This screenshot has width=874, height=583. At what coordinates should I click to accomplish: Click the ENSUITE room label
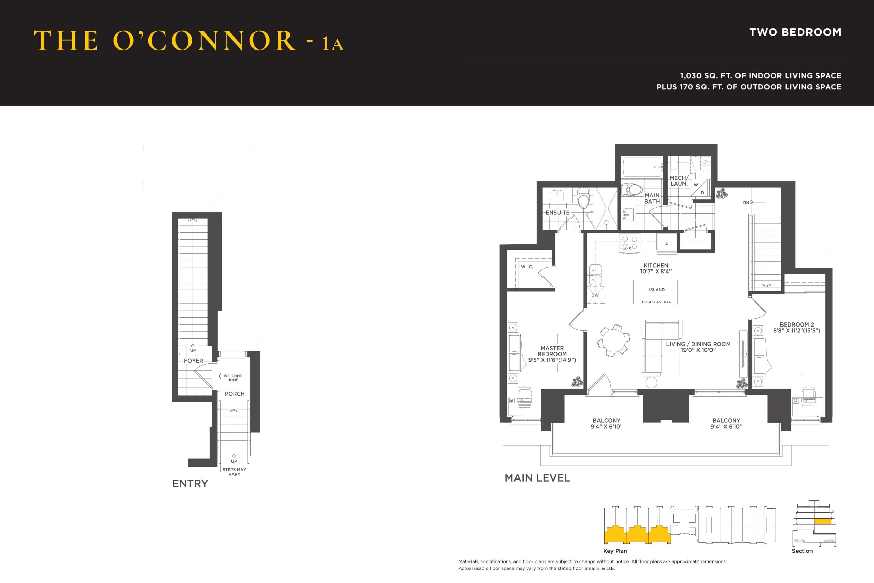(x=558, y=213)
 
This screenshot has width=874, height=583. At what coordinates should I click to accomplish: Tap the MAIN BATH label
(x=652, y=198)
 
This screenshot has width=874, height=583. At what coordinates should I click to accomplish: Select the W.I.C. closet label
(x=526, y=267)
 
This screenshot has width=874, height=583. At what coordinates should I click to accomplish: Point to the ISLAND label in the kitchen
(x=657, y=290)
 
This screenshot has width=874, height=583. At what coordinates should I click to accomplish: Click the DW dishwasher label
(x=595, y=295)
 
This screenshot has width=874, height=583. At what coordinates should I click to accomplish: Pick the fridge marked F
(x=666, y=244)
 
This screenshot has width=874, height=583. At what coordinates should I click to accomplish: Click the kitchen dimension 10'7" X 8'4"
(x=655, y=272)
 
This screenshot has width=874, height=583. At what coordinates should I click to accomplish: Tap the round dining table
(x=614, y=341)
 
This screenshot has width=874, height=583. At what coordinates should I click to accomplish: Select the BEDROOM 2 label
(x=797, y=324)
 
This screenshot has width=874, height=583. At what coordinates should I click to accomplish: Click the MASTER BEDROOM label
(x=552, y=351)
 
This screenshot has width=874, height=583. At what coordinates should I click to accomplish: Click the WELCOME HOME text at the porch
(x=232, y=378)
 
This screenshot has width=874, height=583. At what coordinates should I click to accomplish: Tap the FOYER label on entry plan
(x=193, y=361)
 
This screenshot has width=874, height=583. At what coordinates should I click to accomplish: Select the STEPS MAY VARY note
(x=234, y=472)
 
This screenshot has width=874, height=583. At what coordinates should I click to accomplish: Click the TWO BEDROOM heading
(x=795, y=32)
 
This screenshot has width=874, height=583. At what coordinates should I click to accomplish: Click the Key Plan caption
(x=615, y=551)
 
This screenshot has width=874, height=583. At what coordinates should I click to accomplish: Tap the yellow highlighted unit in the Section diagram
(x=822, y=521)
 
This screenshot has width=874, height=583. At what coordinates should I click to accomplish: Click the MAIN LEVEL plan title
(x=537, y=478)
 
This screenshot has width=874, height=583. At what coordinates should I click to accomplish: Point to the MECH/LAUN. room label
(x=678, y=181)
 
